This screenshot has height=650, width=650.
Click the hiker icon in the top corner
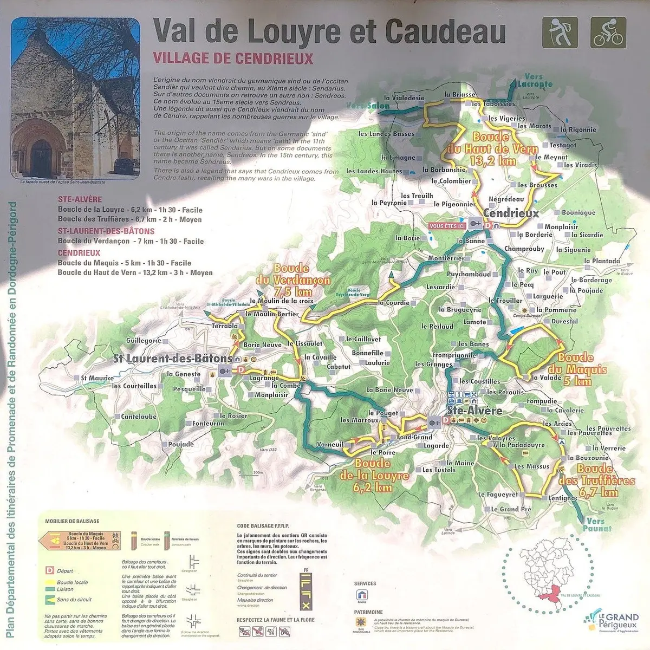[x=560, y=32]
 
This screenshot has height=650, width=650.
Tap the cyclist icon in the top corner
[x=608, y=32]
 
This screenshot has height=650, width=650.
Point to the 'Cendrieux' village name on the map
[x=511, y=213]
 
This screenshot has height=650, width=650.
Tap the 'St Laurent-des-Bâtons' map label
[x=172, y=359]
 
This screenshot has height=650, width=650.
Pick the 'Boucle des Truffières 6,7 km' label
[x=598, y=480]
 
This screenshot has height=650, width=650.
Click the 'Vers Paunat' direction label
[x=598, y=524]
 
